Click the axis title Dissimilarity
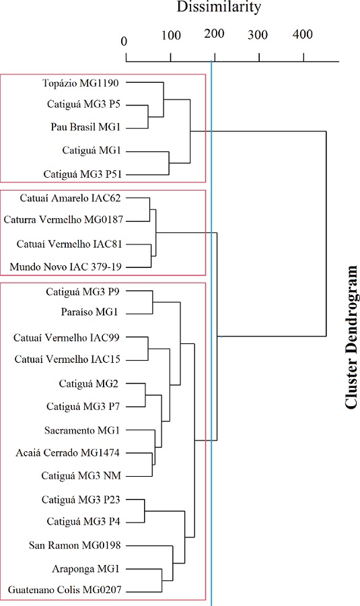(218, 8)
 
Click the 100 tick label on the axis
(171, 36)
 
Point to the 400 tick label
(303, 36)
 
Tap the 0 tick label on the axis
(124, 41)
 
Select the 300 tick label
(259, 36)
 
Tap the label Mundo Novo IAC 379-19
(65, 267)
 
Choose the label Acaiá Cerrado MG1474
(72, 452)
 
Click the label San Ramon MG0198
(75, 545)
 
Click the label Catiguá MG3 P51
(82, 174)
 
